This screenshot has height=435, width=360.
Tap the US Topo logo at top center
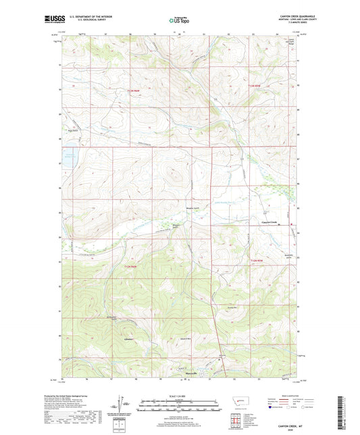tap(179, 20)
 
